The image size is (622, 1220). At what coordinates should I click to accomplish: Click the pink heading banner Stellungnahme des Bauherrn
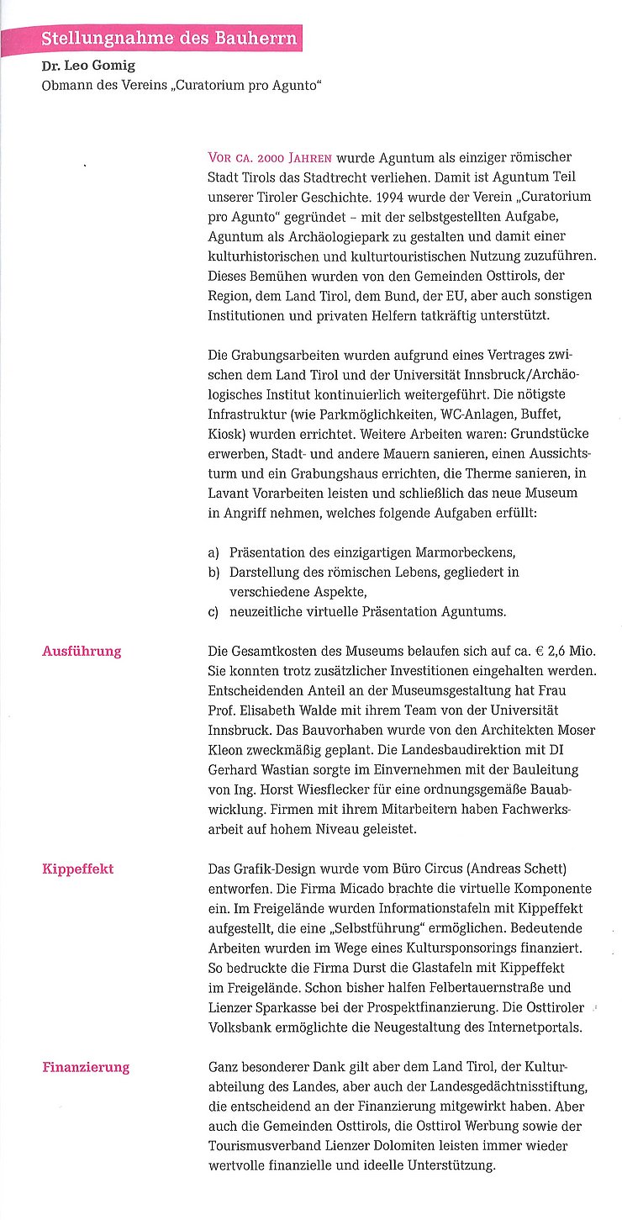[x=169, y=39]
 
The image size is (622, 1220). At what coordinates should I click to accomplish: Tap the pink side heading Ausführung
[x=82, y=651]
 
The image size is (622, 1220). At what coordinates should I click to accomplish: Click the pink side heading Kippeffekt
[x=77, y=869]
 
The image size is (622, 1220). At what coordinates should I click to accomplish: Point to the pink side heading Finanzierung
[x=86, y=1067]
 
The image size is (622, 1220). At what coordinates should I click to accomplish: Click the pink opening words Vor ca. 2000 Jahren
[x=270, y=158]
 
